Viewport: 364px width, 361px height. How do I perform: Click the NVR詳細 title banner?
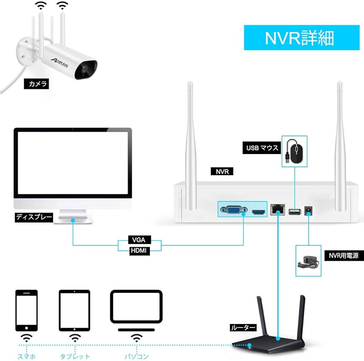[299, 37]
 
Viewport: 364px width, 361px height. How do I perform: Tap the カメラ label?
[36, 84]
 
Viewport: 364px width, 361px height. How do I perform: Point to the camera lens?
[84, 68]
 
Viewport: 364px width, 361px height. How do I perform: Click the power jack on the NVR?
[309, 210]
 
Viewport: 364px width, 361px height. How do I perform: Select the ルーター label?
[242, 328]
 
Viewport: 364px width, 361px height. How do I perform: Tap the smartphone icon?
[26, 310]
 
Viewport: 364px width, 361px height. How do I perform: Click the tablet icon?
[74, 310]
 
